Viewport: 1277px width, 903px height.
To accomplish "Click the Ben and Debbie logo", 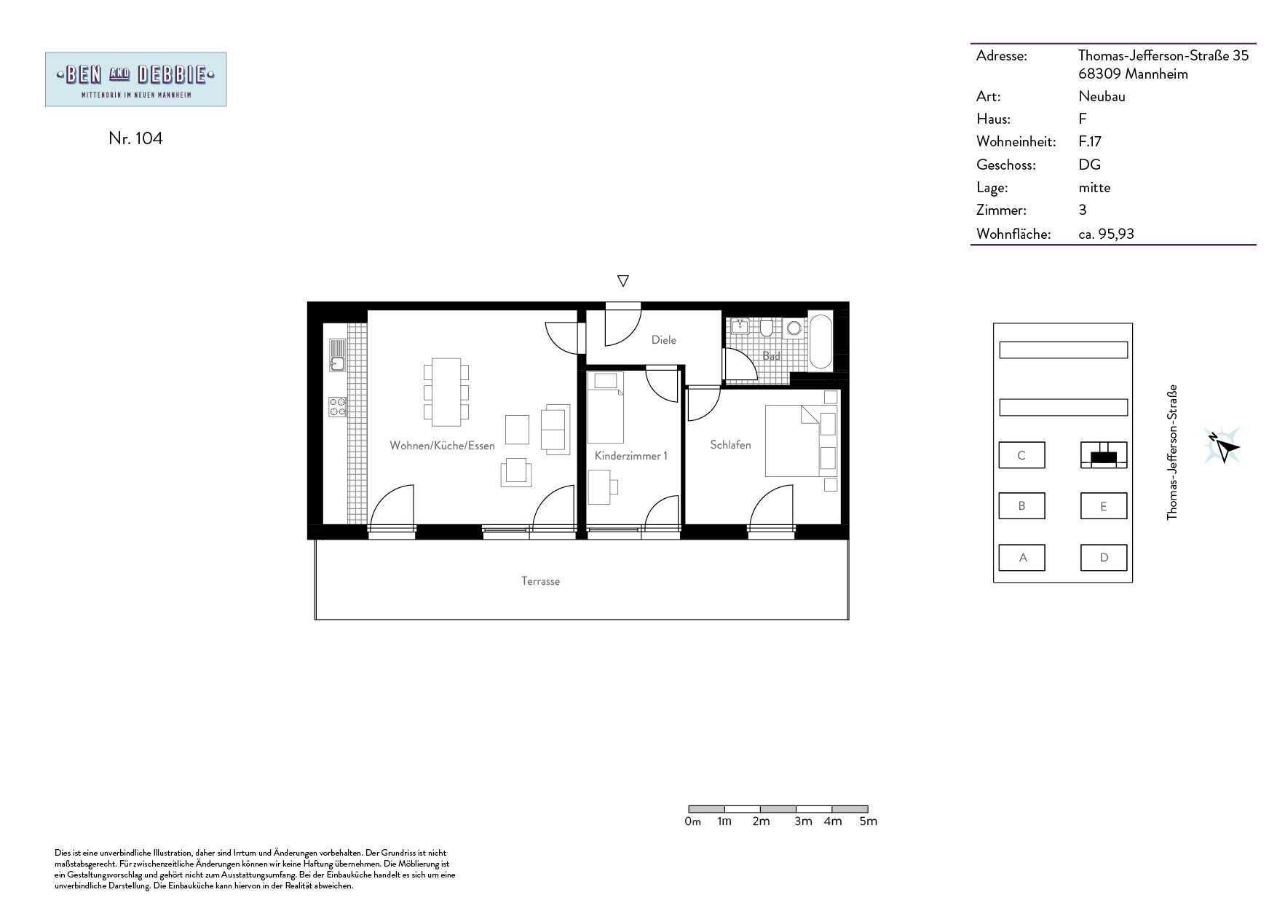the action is pyautogui.click(x=135, y=79).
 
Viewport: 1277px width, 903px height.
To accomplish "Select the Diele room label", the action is pyautogui.click(x=664, y=340).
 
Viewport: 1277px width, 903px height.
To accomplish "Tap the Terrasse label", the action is pyautogui.click(x=540, y=581).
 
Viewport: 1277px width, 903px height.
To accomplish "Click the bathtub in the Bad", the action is pyautogui.click(x=821, y=342).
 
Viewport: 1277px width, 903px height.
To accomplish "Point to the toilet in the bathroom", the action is pyautogui.click(x=766, y=329).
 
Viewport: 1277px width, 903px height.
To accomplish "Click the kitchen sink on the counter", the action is pyautogui.click(x=337, y=355).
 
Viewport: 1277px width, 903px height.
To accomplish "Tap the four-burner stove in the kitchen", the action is pyautogui.click(x=337, y=406).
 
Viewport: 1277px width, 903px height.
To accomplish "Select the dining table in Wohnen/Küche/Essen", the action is pyautogui.click(x=446, y=392).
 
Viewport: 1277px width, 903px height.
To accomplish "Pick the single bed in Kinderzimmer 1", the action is pyautogui.click(x=606, y=408).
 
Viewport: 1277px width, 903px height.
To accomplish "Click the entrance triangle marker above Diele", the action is pyautogui.click(x=622, y=280).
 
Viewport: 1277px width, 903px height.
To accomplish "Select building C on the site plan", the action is pyautogui.click(x=1021, y=455).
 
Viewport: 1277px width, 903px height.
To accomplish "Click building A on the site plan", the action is pyautogui.click(x=1022, y=558).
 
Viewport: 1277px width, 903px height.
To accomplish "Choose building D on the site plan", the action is pyautogui.click(x=1104, y=558).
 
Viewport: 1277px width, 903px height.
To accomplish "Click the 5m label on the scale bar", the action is pyautogui.click(x=869, y=821).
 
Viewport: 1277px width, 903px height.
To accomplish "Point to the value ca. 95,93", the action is pyautogui.click(x=1106, y=234).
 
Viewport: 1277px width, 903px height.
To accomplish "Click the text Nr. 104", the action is pyautogui.click(x=135, y=138).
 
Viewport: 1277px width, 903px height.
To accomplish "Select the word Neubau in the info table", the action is pyautogui.click(x=1102, y=96).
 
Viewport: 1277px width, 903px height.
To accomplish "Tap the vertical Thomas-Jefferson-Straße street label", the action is pyautogui.click(x=1171, y=452).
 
